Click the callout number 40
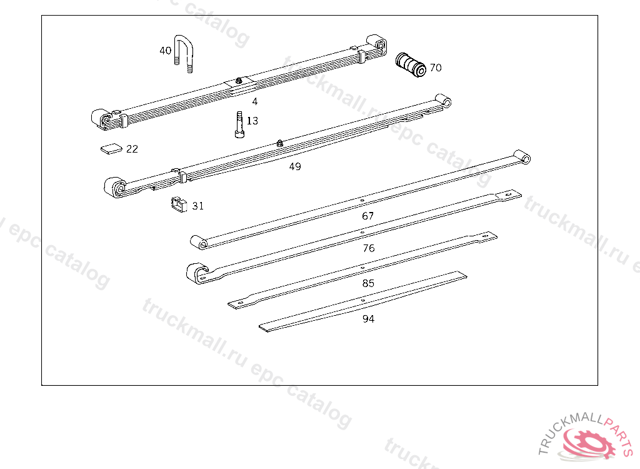pos(165,51)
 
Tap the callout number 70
pos(436,68)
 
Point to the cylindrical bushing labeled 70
pos(411,65)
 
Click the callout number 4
pos(255,101)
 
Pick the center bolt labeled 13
pos(239,124)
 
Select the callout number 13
pos(252,121)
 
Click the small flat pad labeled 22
pos(111,149)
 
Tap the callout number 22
pos(132,149)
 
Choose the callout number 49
pos(295,167)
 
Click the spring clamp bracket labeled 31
pos(179,204)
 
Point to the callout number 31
pos(198,206)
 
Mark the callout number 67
pos(367,216)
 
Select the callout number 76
pos(369,248)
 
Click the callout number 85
pos(368,283)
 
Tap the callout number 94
pos(369,319)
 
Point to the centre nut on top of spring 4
pos(239,81)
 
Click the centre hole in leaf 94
pos(363,301)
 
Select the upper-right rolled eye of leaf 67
pos(522,156)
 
